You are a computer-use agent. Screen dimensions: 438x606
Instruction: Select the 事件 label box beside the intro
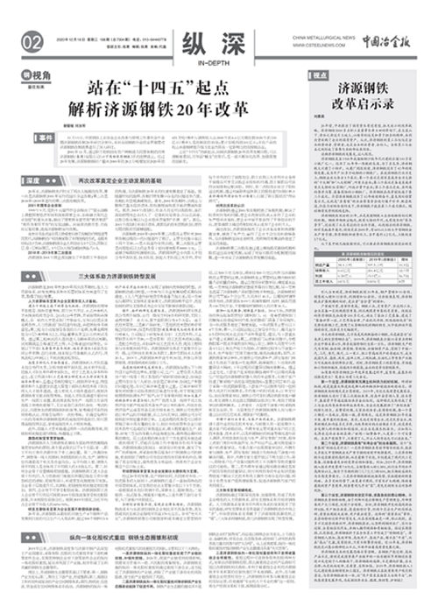click(46, 138)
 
